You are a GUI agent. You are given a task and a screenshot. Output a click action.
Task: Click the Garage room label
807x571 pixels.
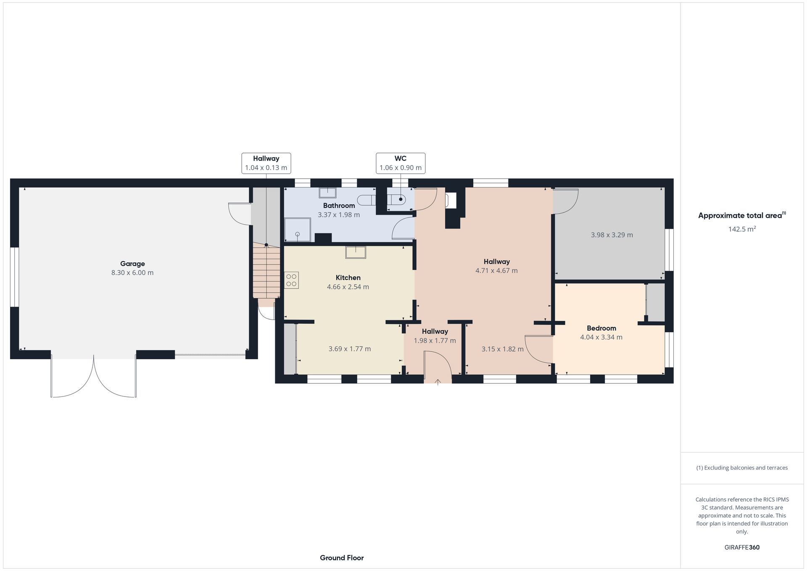132,264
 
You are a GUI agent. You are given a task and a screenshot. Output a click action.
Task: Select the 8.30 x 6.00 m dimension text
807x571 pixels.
132,273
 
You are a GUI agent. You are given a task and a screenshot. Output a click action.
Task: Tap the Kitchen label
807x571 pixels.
348,278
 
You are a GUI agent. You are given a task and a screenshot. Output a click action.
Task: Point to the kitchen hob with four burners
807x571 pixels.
292,280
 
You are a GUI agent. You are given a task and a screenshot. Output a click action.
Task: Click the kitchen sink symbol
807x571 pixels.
356,252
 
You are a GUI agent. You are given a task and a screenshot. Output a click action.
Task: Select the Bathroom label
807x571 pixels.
339,206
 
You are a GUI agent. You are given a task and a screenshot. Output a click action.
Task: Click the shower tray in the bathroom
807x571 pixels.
298,230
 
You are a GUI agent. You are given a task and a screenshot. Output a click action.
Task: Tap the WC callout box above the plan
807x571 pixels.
400,163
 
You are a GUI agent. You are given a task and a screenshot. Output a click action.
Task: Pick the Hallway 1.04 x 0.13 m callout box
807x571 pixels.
266,163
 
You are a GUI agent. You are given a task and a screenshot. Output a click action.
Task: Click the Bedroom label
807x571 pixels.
601,328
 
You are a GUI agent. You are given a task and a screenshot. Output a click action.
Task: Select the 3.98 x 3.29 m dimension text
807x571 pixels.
612,235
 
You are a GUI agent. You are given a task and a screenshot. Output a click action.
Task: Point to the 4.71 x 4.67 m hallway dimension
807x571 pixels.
496,271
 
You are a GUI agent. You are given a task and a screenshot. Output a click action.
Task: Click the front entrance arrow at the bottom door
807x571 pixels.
438,382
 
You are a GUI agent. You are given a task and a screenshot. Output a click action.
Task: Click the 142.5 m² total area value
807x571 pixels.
742,229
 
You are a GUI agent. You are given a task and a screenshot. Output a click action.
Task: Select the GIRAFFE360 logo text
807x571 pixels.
742,547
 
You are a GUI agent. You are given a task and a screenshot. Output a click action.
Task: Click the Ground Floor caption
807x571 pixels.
342,558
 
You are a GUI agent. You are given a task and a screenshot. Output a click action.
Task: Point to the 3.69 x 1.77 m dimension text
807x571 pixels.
350,349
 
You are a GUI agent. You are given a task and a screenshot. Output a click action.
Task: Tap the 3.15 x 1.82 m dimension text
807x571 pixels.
502,349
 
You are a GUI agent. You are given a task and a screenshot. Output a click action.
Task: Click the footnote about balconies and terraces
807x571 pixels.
742,468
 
